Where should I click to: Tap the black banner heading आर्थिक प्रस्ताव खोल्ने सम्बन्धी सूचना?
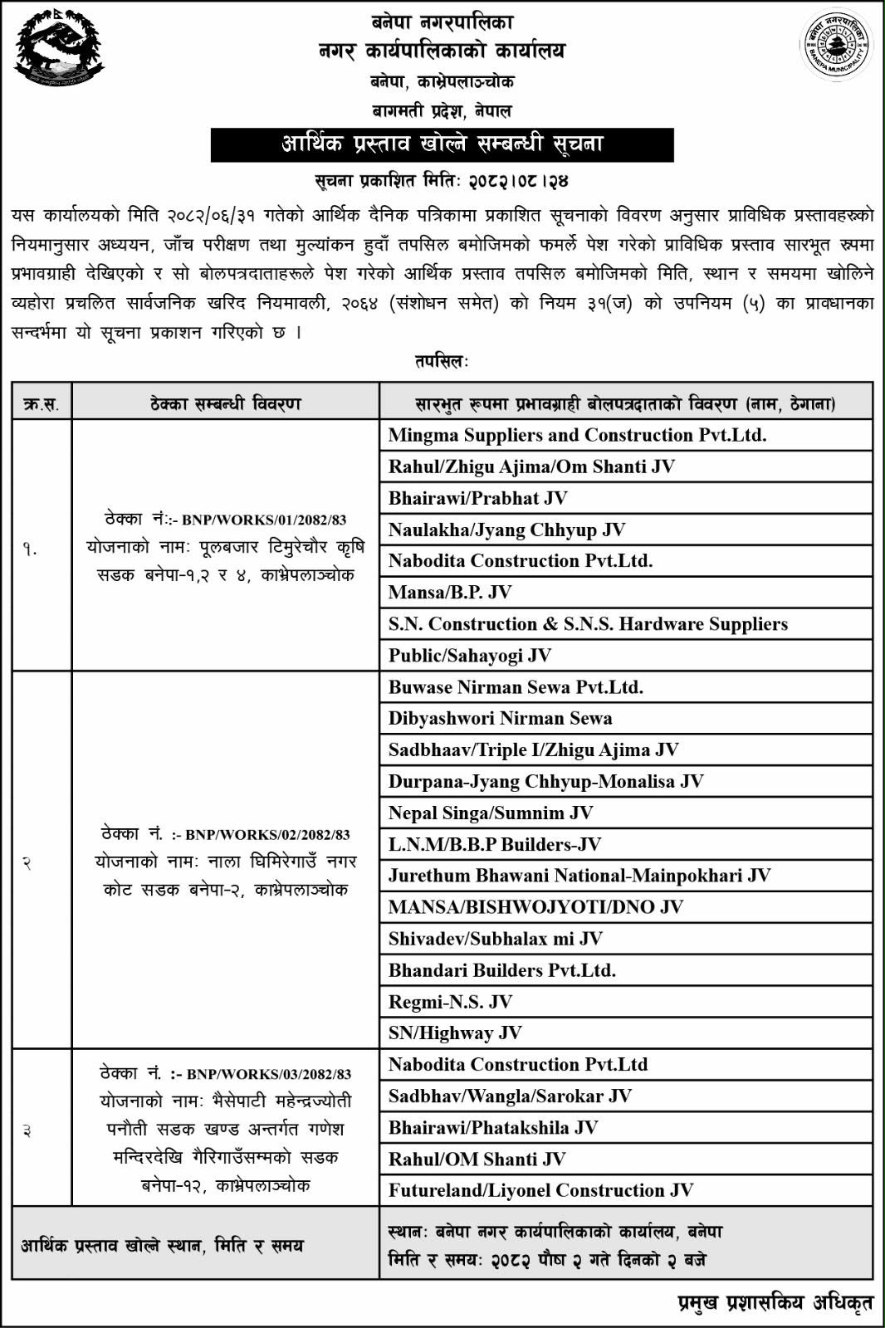pos(442,144)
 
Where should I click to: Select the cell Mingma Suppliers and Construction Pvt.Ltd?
pos(577,435)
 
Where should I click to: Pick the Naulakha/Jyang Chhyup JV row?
pos(506,530)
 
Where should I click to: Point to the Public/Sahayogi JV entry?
pos(470,656)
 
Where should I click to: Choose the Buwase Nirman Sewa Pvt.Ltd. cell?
pos(516,687)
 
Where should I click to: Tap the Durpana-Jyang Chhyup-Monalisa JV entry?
pos(545,782)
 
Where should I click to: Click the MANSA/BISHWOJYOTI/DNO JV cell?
pos(535,907)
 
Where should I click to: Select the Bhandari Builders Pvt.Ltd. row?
pos(501,970)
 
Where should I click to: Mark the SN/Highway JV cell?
pos(455,1033)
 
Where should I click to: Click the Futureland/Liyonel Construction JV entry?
pos(540,1191)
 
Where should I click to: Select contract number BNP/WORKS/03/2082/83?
pos(269,1075)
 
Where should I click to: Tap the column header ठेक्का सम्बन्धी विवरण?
pos(226,404)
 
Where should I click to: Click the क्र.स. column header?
pos(42,404)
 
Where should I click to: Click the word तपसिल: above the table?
pos(442,362)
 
